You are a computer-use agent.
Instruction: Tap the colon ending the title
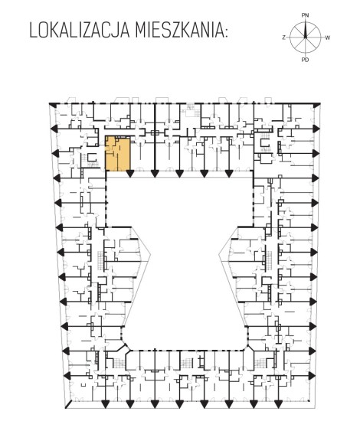[225, 32]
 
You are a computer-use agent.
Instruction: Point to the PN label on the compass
[305, 15]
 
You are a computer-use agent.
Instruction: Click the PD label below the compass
[305, 60]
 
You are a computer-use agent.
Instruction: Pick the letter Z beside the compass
[283, 38]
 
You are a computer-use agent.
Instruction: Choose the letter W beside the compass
[327, 38]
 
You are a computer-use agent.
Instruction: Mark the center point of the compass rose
[306, 38]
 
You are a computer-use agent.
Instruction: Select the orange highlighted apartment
[118, 154]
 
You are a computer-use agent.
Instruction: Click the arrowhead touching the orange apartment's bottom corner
[130, 173]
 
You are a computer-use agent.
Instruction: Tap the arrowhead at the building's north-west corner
[52, 105]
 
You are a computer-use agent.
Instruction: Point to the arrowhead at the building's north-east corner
[316, 106]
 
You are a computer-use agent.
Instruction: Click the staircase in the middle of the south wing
[187, 362]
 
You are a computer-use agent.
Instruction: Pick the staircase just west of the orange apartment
[91, 160]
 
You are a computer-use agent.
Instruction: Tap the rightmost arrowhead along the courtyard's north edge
[228, 173]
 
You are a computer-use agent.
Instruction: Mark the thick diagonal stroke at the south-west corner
[68, 404]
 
